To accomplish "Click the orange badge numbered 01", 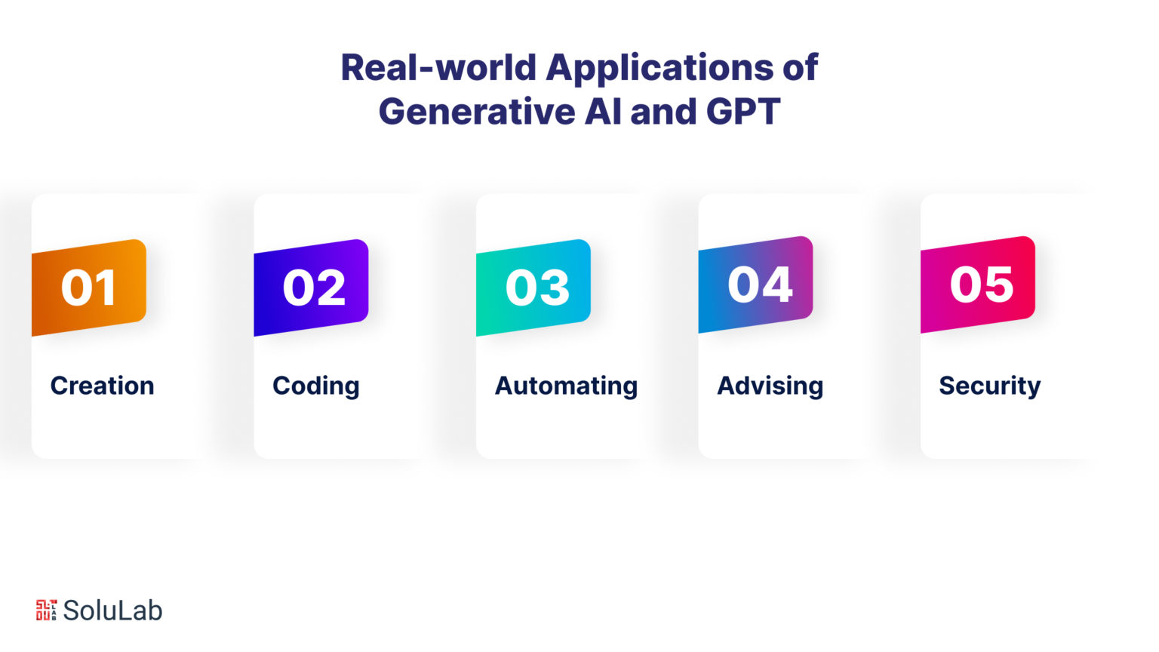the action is click(89, 288).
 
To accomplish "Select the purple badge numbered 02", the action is click(311, 288).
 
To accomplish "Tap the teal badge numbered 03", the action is click(533, 288).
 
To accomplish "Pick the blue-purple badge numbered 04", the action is click(755, 284).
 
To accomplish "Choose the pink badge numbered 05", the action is click(978, 284).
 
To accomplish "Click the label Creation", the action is click(102, 386).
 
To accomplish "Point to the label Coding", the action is click(315, 386).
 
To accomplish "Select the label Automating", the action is click(566, 386).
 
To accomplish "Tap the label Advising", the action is click(770, 386).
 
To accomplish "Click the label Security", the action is click(990, 386).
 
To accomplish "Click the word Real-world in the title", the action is click(438, 67).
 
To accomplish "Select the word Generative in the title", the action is click(477, 111).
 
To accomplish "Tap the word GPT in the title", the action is click(743, 111).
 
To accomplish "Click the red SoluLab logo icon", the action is click(46, 610).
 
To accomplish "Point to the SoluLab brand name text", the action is click(112, 610).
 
